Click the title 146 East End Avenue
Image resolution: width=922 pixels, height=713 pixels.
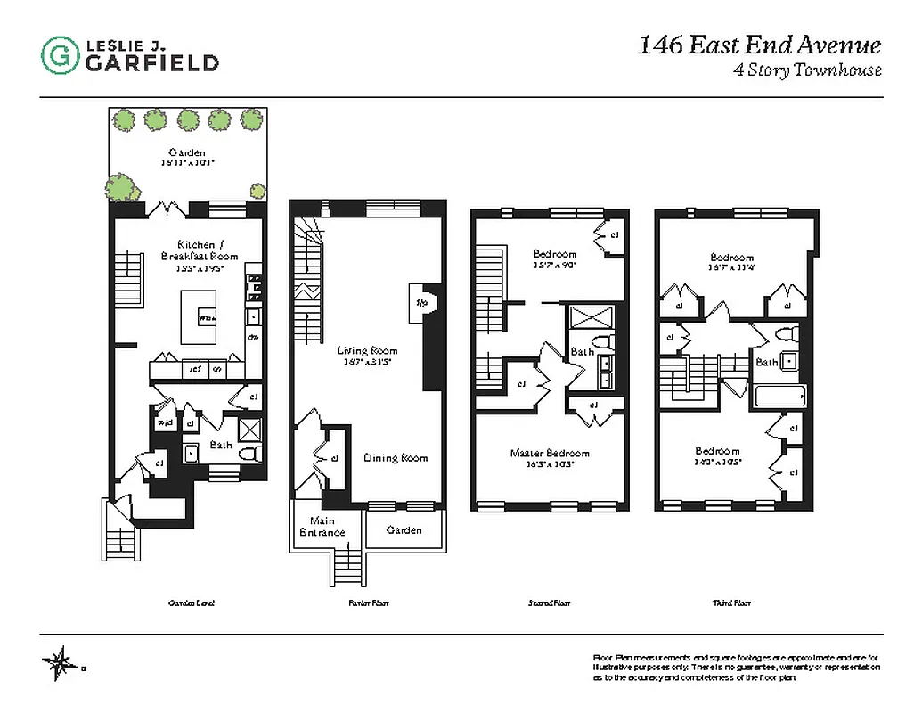(759, 45)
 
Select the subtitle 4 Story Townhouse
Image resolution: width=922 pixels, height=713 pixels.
(806, 70)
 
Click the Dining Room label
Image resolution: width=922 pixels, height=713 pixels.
(396, 458)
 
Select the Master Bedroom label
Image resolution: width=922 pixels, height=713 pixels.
(549, 454)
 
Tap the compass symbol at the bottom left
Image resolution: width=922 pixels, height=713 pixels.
(61, 662)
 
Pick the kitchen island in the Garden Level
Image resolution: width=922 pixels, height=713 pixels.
(200, 316)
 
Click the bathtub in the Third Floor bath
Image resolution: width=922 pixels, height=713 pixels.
(779, 396)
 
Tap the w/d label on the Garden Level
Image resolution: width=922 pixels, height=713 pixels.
(165, 423)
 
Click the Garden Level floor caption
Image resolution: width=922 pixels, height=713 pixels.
(192, 603)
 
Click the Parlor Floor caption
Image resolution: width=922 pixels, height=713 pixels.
(367, 603)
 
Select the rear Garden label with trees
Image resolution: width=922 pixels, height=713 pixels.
(187, 153)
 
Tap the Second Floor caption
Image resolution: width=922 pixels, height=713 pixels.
(549, 603)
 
